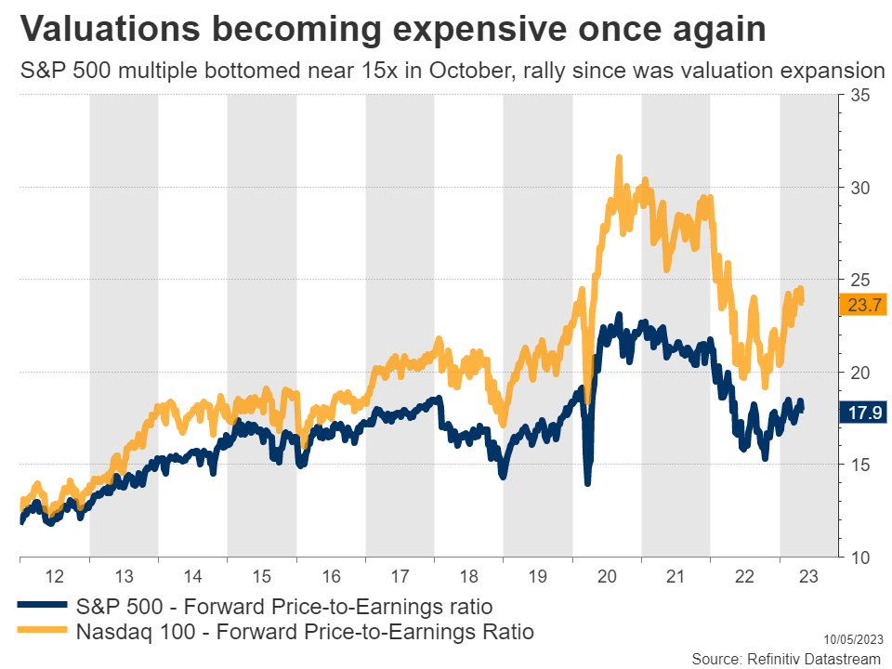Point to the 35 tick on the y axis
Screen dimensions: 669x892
[x=859, y=95]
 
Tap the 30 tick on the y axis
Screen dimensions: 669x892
[x=859, y=187]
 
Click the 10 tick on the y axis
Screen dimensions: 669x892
[x=859, y=557]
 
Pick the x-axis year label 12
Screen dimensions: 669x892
[x=54, y=576]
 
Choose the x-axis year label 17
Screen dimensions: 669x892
[x=400, y=576]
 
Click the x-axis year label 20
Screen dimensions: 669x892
[x=607, y=576]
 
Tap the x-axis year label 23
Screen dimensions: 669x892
[x=807, y=576]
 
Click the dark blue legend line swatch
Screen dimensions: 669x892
[x=43, y=606]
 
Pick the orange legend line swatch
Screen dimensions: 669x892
[x=43, y=633]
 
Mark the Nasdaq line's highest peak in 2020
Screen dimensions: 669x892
[x=618, y=158]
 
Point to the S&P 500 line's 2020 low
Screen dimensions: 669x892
[x=587, y=482]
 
